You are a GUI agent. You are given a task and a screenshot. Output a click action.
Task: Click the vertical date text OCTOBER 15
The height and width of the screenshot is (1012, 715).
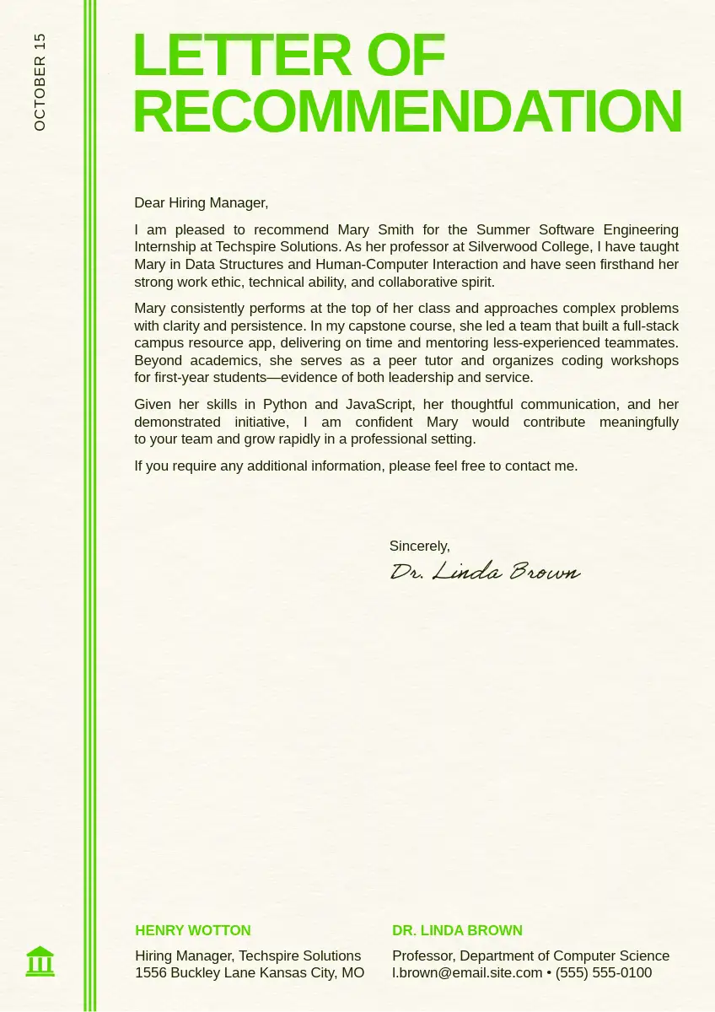point(40,82)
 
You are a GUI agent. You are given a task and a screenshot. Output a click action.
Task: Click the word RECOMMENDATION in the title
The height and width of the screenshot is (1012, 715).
point(407,111)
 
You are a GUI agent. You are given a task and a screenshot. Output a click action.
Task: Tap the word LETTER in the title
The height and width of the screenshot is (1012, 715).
point(241,56)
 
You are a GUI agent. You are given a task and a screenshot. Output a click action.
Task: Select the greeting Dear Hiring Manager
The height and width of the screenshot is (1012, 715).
point(201,202)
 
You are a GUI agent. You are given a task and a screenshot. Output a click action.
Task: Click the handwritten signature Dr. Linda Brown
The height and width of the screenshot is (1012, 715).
point(485,572)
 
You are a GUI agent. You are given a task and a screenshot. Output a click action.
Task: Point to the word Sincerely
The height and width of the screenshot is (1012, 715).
point(419,546)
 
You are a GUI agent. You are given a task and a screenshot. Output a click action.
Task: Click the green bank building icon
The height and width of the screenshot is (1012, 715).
point(40,961)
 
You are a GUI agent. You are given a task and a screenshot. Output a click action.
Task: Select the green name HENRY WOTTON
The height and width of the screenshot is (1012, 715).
point(193,930)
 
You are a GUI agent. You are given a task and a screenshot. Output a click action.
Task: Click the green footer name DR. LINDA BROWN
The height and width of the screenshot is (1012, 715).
point(457,930)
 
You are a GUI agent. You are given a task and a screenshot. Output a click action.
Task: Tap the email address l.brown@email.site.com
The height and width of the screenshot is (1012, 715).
point(467,972)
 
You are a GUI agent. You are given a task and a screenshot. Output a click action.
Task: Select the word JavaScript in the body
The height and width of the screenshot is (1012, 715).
point(379,404)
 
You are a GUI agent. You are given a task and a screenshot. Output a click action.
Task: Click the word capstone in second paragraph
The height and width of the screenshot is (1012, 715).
point(362,326)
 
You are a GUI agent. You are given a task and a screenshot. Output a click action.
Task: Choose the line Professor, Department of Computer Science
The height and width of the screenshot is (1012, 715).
point(530,955)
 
